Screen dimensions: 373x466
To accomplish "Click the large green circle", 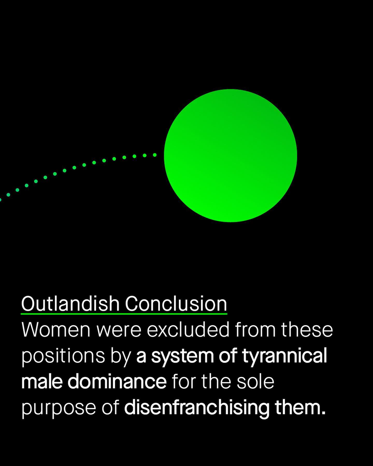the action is (231, 156).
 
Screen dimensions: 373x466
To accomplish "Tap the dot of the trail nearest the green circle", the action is (155, 155).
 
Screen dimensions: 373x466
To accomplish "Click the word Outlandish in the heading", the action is (70, 303).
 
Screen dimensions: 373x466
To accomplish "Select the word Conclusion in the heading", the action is (176, 303).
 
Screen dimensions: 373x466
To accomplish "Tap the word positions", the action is (63, 356).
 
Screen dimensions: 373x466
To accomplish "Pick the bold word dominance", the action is (117, 381).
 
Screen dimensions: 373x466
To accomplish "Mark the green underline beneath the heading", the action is (124, 314).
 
